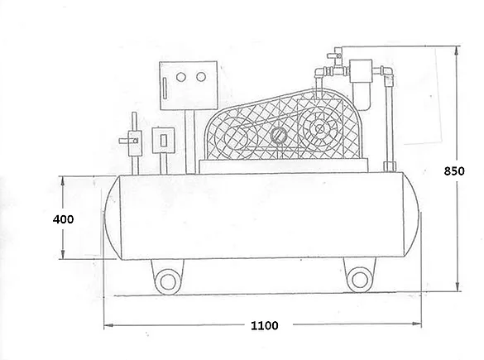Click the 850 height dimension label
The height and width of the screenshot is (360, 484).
pyautogui.click(x=454, y=171)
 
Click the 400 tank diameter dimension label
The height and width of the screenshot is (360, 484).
pyautogui.click(x=63, y=219)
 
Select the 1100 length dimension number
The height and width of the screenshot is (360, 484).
pyautogui.click(x=264, y=325)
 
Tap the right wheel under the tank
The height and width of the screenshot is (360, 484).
pyautogui.click(x=360, y=280)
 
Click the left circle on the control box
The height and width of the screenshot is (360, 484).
pyautogui.click(x=181, y=77)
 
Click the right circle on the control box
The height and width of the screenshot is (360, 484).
pyautogui.click(x=201, y=77)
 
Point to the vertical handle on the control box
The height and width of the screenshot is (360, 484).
pyautogui.click(x=165, y=89)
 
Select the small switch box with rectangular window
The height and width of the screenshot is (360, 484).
pyautogui.click(x=163, y=141)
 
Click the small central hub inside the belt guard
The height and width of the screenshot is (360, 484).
pyautogui.click(x=279, y=135)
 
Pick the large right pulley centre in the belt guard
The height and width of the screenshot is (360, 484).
pyautogui.click(x=320, y=129)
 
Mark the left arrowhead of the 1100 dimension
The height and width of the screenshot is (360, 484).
pyautogui.click(x=108, y=325)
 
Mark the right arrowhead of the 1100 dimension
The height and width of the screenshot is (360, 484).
pyautogui.click(x=417, y=324)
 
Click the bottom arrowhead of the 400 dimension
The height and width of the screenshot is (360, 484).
pyautogui.click(x=63, y=254)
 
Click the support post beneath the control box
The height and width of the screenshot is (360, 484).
pyautogui.click(x=190, y=142)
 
